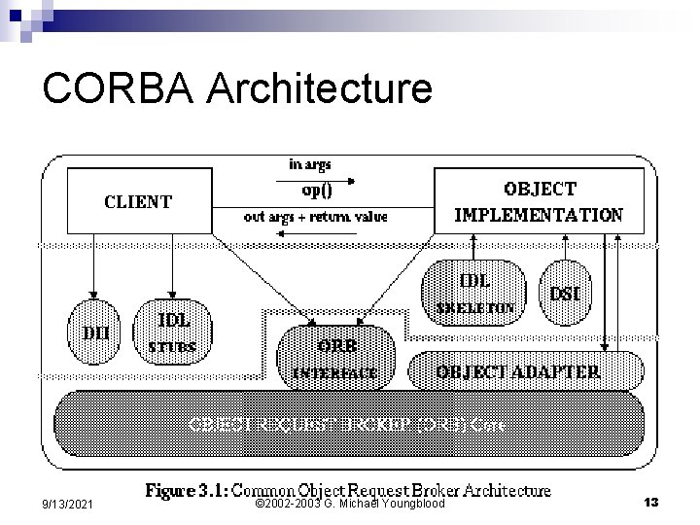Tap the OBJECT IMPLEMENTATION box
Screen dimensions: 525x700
pyautogui.click(x=539, y=201)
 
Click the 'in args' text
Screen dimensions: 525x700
pyautogui.click(x=309, y=164)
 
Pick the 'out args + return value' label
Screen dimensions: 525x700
pyautogui.click(x=315, y=217)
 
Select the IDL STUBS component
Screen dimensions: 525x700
pyautogui.click(x=173, y=332)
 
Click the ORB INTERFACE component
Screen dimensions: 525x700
pyautogui.click(x=335, y=358)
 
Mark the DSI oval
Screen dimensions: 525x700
pyautogui.click(x=565, y=291)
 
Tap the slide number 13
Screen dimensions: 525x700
pyautogui.click(x=651, y=503)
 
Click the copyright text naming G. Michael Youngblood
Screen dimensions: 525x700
pyautogui.click(x=349, y=504)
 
